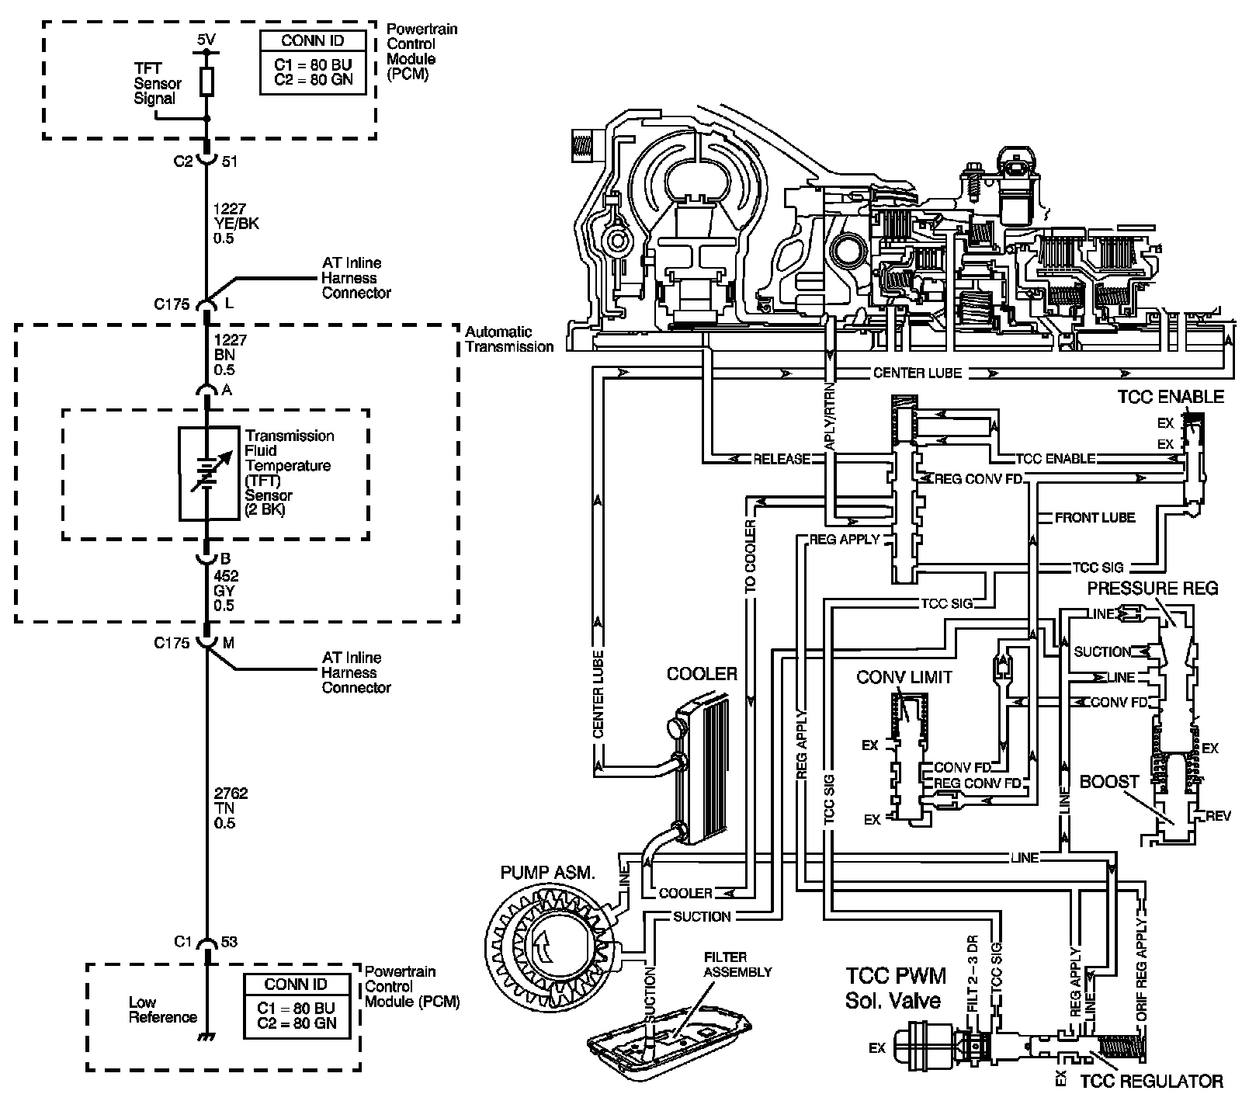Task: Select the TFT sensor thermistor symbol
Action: (208, 473)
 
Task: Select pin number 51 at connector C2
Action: (230, 162)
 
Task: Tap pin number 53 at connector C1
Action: (230, 942)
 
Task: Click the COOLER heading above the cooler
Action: (702, 674)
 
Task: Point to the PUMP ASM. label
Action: (548, 873)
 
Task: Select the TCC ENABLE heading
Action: (1171, 397)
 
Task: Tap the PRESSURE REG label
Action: (1153, 588)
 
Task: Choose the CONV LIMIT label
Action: (904, 677)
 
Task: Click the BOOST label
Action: (1109, 782)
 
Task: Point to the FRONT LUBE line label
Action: (1095, 517)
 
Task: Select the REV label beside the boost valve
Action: (1218, 816)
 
